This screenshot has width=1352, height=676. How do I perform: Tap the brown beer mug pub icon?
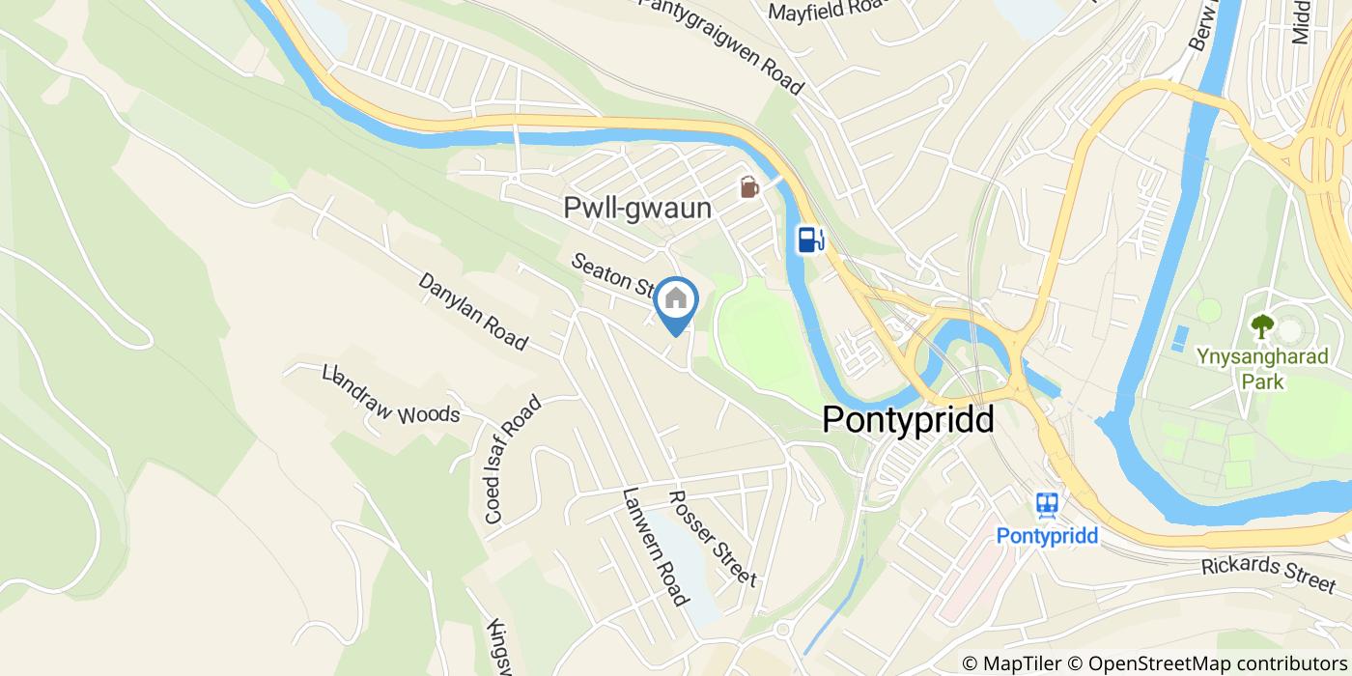point(749,186)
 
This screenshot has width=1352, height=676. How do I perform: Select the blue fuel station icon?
point(809,238)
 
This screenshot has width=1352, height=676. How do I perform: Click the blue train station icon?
point(1047,504)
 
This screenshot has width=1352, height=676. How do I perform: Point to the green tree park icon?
point(1262,326)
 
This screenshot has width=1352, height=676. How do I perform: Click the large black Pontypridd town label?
point(908,421)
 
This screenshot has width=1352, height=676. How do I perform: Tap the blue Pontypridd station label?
point(1047,535)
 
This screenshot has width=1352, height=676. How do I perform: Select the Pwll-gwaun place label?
point(637,209)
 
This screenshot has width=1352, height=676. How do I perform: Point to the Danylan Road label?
point(473,311)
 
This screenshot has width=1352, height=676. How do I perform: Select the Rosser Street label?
point(713,537)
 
